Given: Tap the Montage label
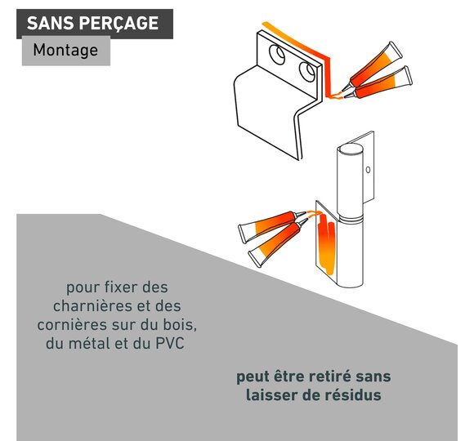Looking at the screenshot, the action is pyautogui.click(x=65, y=50).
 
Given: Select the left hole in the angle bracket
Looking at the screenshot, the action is pyautogui.click(x=277, y=55).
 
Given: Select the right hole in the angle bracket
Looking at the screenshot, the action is pyautogui.click(x=307, y=72).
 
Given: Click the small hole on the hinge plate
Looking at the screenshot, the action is pyautogui.click(x=368, y=170).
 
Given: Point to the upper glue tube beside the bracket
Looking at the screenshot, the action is pyautogui.click(x=374, y=67).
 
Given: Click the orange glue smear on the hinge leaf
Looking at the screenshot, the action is pyautogui.click(x=326, y=245).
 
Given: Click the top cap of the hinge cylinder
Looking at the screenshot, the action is pyautogui.click(x=350, y=149).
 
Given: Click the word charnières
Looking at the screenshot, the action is pyautogui.click(x=88, y=306).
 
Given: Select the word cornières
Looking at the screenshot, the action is pyautogui.click(x=72, y=325).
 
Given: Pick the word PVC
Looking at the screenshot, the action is pyautogui.click(x=170, y=344).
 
